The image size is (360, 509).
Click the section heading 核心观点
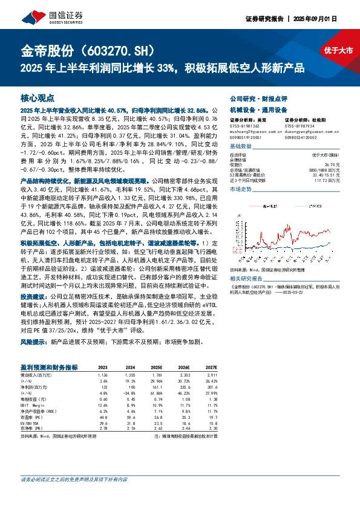pos(38,97)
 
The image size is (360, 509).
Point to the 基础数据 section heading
pos(241,147)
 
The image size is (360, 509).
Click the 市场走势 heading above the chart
pos(241,189)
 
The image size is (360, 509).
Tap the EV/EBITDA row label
pos(31,423)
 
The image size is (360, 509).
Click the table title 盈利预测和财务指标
pos(49,367)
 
